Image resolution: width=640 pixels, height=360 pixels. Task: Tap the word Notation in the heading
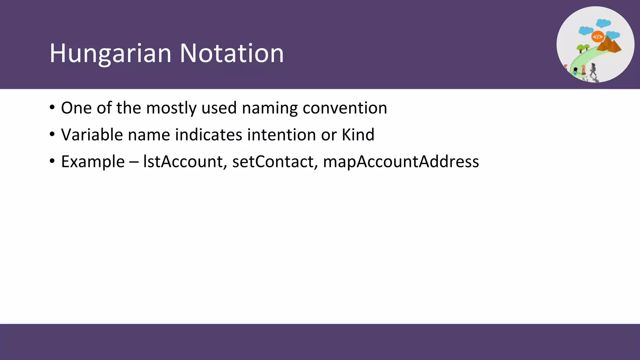tap(232, 53)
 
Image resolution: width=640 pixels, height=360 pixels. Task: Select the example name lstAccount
tap(183, 162)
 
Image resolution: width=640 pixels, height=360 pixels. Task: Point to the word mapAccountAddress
tap(401, 162)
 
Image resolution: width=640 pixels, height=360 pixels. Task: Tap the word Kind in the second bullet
tap(358, 135)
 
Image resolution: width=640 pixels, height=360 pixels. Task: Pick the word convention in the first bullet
tap(345, 108)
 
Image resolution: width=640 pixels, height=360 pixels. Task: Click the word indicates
tap(208, 135)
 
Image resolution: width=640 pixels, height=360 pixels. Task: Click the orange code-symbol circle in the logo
tap(597, 37)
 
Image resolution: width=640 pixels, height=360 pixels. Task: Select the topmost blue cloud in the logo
tap(603, 23)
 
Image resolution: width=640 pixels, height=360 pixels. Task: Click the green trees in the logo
tap(582, 48)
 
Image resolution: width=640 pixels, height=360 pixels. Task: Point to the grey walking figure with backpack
tap(593, 69)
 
